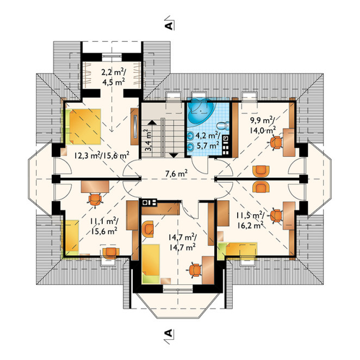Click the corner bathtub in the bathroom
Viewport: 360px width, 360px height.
[x=201, y=110]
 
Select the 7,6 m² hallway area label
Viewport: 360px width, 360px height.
[x=177, y=173]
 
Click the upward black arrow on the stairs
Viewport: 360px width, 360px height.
[x=152, y=122]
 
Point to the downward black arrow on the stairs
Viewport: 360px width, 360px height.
[x=174, y=156]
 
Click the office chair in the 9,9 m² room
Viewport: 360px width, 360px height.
[x=275, y=142]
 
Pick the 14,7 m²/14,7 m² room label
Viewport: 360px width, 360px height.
[x=182, y=242]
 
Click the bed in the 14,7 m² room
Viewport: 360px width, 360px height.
[x=151, y=264]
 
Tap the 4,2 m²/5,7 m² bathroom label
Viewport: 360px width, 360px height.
[x=207, y=140]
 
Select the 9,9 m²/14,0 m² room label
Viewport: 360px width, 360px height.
[x=263, y=126]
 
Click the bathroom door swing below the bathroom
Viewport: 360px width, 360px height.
[x=200, y=165]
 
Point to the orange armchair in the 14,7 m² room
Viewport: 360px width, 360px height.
[x=147, y=229]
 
